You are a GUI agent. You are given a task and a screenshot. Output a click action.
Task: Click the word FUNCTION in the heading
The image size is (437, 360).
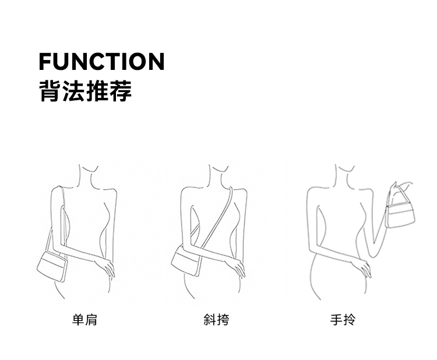coord(101,61)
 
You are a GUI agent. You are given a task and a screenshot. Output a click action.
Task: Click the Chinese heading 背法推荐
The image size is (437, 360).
coord(85,91)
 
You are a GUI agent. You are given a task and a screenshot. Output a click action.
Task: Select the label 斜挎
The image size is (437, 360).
coord(216,320)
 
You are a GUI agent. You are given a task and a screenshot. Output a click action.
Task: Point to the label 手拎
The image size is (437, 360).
coord(343,320)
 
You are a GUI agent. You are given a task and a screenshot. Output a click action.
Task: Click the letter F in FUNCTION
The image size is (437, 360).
coord(45,61)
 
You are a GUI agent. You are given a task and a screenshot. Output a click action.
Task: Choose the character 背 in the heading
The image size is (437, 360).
coord(50,91)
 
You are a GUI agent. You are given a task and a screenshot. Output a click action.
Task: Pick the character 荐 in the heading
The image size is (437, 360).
coord(121,91)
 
